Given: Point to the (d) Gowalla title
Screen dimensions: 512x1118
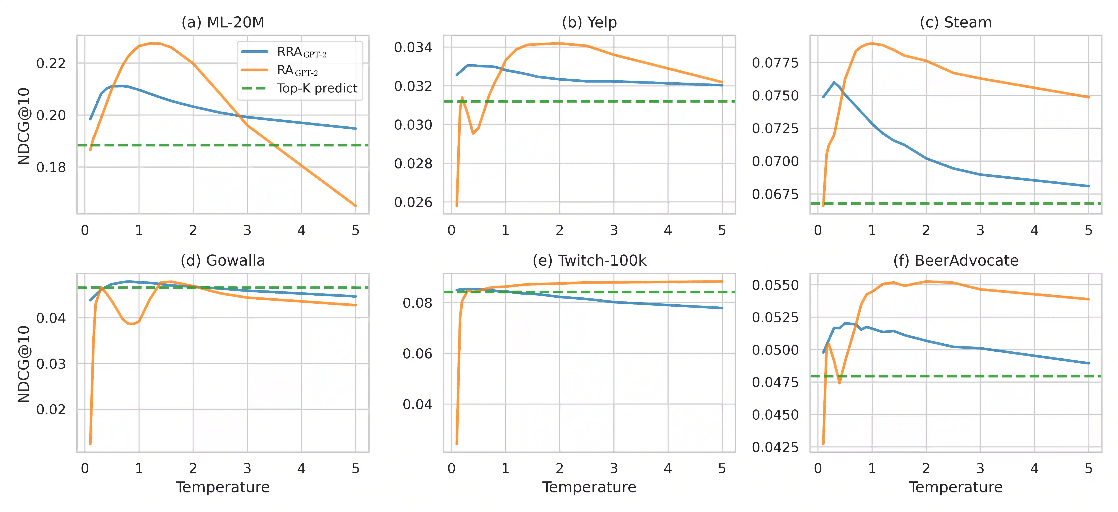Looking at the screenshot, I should point(223,260).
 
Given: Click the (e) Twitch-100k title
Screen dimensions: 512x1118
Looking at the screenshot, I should point(589,260).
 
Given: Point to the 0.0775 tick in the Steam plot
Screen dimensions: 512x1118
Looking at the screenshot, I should point(775,63).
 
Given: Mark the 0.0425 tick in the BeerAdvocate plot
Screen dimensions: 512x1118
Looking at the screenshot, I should point(775,447).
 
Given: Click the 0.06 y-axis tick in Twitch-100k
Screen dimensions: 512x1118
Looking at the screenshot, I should point(417,354).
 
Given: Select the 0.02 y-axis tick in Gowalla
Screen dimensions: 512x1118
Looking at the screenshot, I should point(51,409).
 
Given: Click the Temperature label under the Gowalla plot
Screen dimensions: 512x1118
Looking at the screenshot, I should point(223,487).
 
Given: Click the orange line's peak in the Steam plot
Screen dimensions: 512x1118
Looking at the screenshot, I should point(872,43).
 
